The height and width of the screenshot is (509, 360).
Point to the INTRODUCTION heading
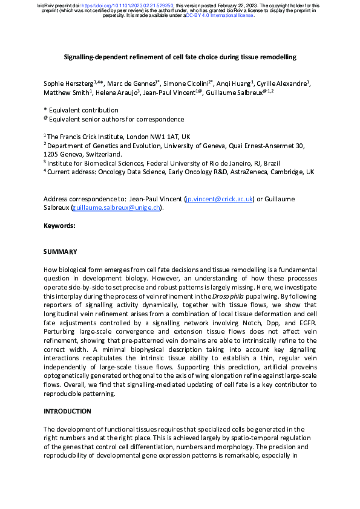click(67, 411)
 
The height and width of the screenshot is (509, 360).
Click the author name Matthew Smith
click(66, 92)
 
